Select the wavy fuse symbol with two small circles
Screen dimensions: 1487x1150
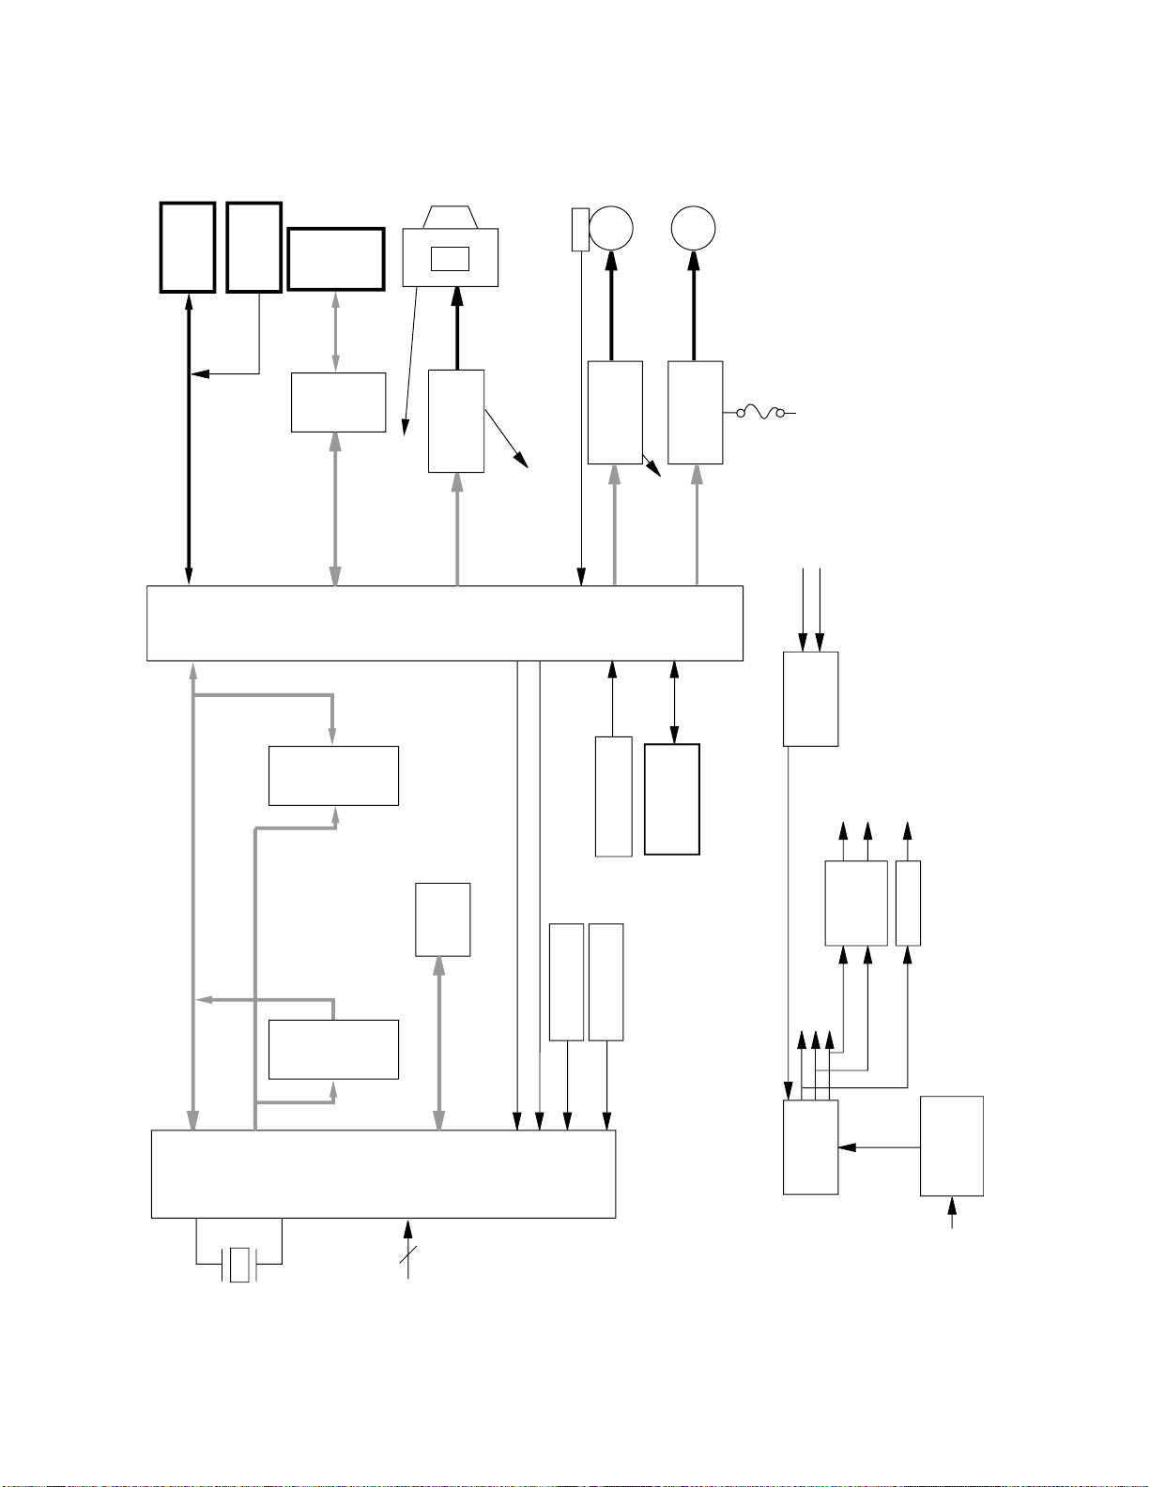pyautogui.click(x=760, y=412)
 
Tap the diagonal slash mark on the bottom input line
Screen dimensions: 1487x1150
pyautogui.click(x=407, y=1260)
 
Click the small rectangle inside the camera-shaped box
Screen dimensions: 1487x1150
pyautogui.click(x=450, y=258)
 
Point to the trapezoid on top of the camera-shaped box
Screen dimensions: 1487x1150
pyautogui.click(x=451, y=217)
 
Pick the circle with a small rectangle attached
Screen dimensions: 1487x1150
pyautogui.click(x=611, y=228)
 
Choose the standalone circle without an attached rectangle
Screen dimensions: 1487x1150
pyautogui.click(x=694, y=228)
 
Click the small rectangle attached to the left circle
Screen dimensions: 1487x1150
pyautogui.click(x=580, y=230)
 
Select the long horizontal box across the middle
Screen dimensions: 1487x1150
pyautogui.click(x=445, y=623)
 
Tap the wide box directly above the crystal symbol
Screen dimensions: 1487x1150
pyautogui.click(x=383, y=1174)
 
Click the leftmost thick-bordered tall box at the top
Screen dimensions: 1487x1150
pyautogui.click(x=188, y=247)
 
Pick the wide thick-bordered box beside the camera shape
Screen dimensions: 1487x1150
pyautogui.click(x=336, y=259)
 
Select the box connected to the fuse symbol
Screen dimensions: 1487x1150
pyautogui.click(x=695, y=412)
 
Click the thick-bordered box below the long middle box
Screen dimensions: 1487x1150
pyautogui.click(x=672, y=799)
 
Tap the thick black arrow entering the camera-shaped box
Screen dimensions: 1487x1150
pyautogui.click(x=457, y=328)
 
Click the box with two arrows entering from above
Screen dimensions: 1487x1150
pyautogui.click(x=810, y=699)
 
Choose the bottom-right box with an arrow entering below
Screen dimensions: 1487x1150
pyautogui.click(x=951, y=1146)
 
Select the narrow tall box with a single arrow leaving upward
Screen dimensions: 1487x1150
pyautogui.click(x=908, y=903)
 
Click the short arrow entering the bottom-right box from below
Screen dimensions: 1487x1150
pyautogui.click(x=952, y=1212)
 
